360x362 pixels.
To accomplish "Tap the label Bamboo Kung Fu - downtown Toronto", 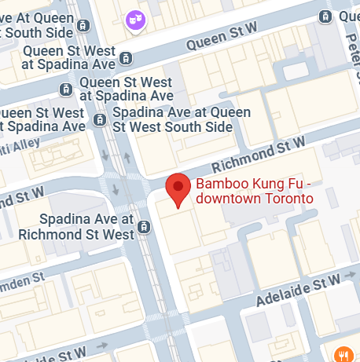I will (x=254, y=192).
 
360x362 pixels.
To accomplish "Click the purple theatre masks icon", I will (x=135, y=19).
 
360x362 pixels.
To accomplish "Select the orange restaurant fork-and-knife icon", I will (x=342, y=354).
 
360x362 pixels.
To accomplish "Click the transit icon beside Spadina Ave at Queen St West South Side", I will (x=100, y=119).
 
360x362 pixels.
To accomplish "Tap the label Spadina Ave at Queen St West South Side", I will (x=174, y=119).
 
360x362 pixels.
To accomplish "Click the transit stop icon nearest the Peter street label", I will (x=325, y=17).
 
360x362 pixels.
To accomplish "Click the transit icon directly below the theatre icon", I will (x=126, y=57).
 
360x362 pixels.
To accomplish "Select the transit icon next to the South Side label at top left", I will (x=83, y=26).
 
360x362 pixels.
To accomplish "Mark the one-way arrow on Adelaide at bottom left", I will (x=101, y=346).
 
